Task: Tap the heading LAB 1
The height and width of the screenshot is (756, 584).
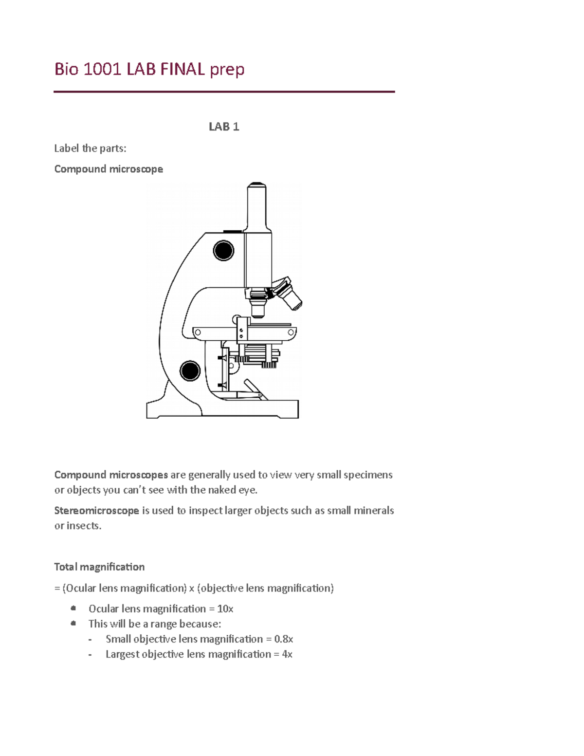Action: (224, 127)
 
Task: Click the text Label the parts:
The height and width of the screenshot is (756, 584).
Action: (90, 148)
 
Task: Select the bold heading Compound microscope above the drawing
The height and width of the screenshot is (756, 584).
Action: (109, 169)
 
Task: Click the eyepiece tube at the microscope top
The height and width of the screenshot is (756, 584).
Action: (256, 207)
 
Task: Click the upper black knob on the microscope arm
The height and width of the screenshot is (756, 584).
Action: (223, 251)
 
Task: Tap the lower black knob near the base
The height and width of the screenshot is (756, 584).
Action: (190, 371)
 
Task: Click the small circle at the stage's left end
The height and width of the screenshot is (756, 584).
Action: (198, 332)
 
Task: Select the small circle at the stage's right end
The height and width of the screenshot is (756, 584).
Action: (291, 332)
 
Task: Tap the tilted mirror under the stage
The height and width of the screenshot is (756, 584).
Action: (255, 389)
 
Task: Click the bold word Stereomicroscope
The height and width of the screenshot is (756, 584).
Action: (96, 511)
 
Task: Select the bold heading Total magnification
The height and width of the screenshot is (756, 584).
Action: (99, 567)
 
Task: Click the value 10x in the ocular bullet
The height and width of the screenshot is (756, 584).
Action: (225, 608)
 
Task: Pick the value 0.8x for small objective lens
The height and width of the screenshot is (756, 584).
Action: (283, 639)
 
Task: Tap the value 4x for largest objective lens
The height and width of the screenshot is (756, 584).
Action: (287, 654)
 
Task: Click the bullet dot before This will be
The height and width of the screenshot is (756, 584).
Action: (73, 623)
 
